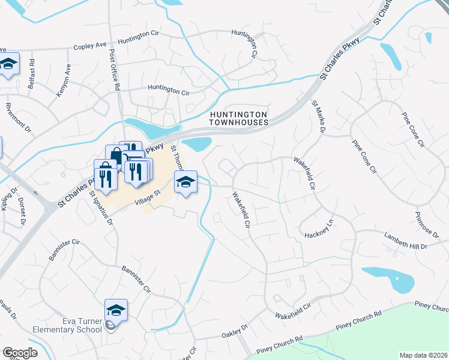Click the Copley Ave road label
point(89,45)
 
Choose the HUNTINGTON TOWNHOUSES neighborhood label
point(238,117)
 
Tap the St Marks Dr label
point(319,116)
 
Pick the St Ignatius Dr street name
point(101,207)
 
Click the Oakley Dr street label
point(235,331)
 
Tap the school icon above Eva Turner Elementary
point(116,310)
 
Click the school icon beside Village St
point(186,182)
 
